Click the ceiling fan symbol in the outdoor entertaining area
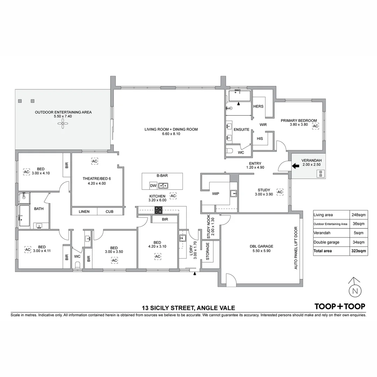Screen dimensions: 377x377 pos(63,123)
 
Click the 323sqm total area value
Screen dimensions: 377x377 pos(359,251)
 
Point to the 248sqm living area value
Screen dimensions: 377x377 pos(359,215)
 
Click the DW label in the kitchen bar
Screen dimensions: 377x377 pos(153,185)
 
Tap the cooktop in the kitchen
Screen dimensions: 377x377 pos(158,210)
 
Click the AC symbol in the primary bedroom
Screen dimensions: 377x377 pos(316,126)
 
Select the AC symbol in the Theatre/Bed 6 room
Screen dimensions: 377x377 pos(95,161)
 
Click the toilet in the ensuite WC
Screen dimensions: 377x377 pos(229,151)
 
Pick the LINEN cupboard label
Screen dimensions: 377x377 pos(84,212)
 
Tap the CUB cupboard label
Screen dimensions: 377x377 pos(109,212)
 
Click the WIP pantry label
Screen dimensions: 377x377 pos(216,193)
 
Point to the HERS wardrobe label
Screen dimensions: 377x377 pos(258,106)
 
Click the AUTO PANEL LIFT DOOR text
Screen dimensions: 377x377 pos(296,248)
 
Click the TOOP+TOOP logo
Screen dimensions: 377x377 pos(340,306)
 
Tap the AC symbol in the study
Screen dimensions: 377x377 pos(280,192)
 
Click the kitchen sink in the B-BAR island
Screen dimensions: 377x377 pos(163,185)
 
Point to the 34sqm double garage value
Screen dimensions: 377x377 pos(359,242)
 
